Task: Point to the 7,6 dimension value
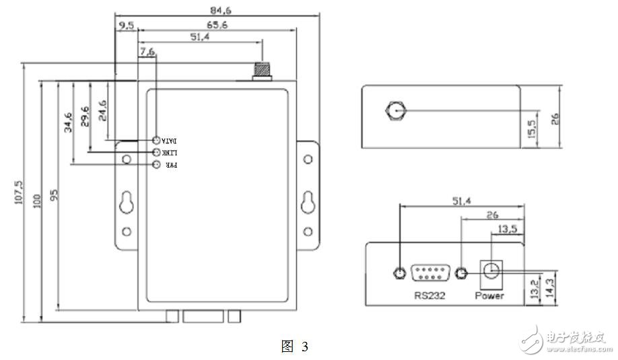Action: tap(147, 50)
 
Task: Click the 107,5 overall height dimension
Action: tap(20, 192)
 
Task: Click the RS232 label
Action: tap(430, 295)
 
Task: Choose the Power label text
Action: tap(489, 295)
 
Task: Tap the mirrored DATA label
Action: tap(169, 141)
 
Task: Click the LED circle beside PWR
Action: tap(157, 166)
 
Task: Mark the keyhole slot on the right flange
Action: tap(308, 202)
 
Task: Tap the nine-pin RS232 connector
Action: tap(430, 273)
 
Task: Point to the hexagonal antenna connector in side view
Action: tap(394, 110)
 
